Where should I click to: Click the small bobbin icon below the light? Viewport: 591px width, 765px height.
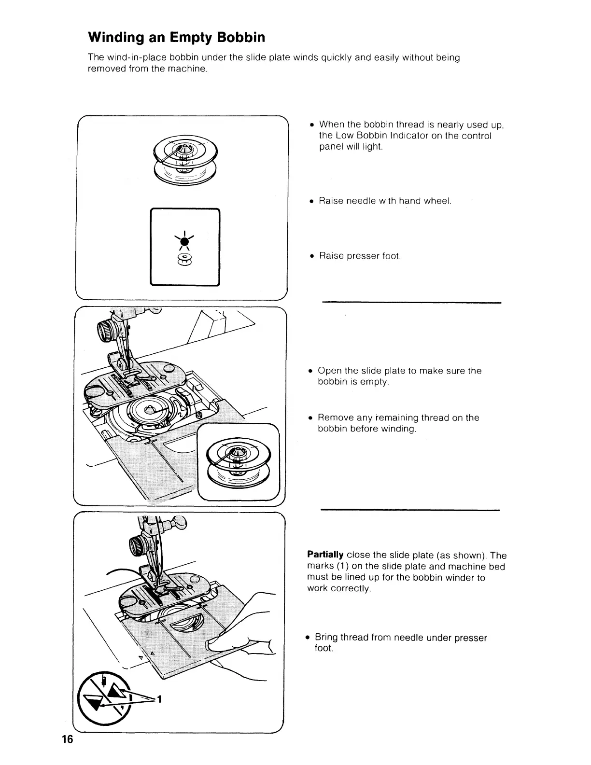(184, 260)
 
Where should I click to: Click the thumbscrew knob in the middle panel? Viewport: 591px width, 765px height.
(105, 332)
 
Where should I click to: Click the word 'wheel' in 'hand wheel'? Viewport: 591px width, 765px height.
(436, 201)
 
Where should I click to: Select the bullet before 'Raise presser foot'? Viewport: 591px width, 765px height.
(311, 256)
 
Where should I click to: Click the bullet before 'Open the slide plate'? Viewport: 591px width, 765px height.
(311, 371)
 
